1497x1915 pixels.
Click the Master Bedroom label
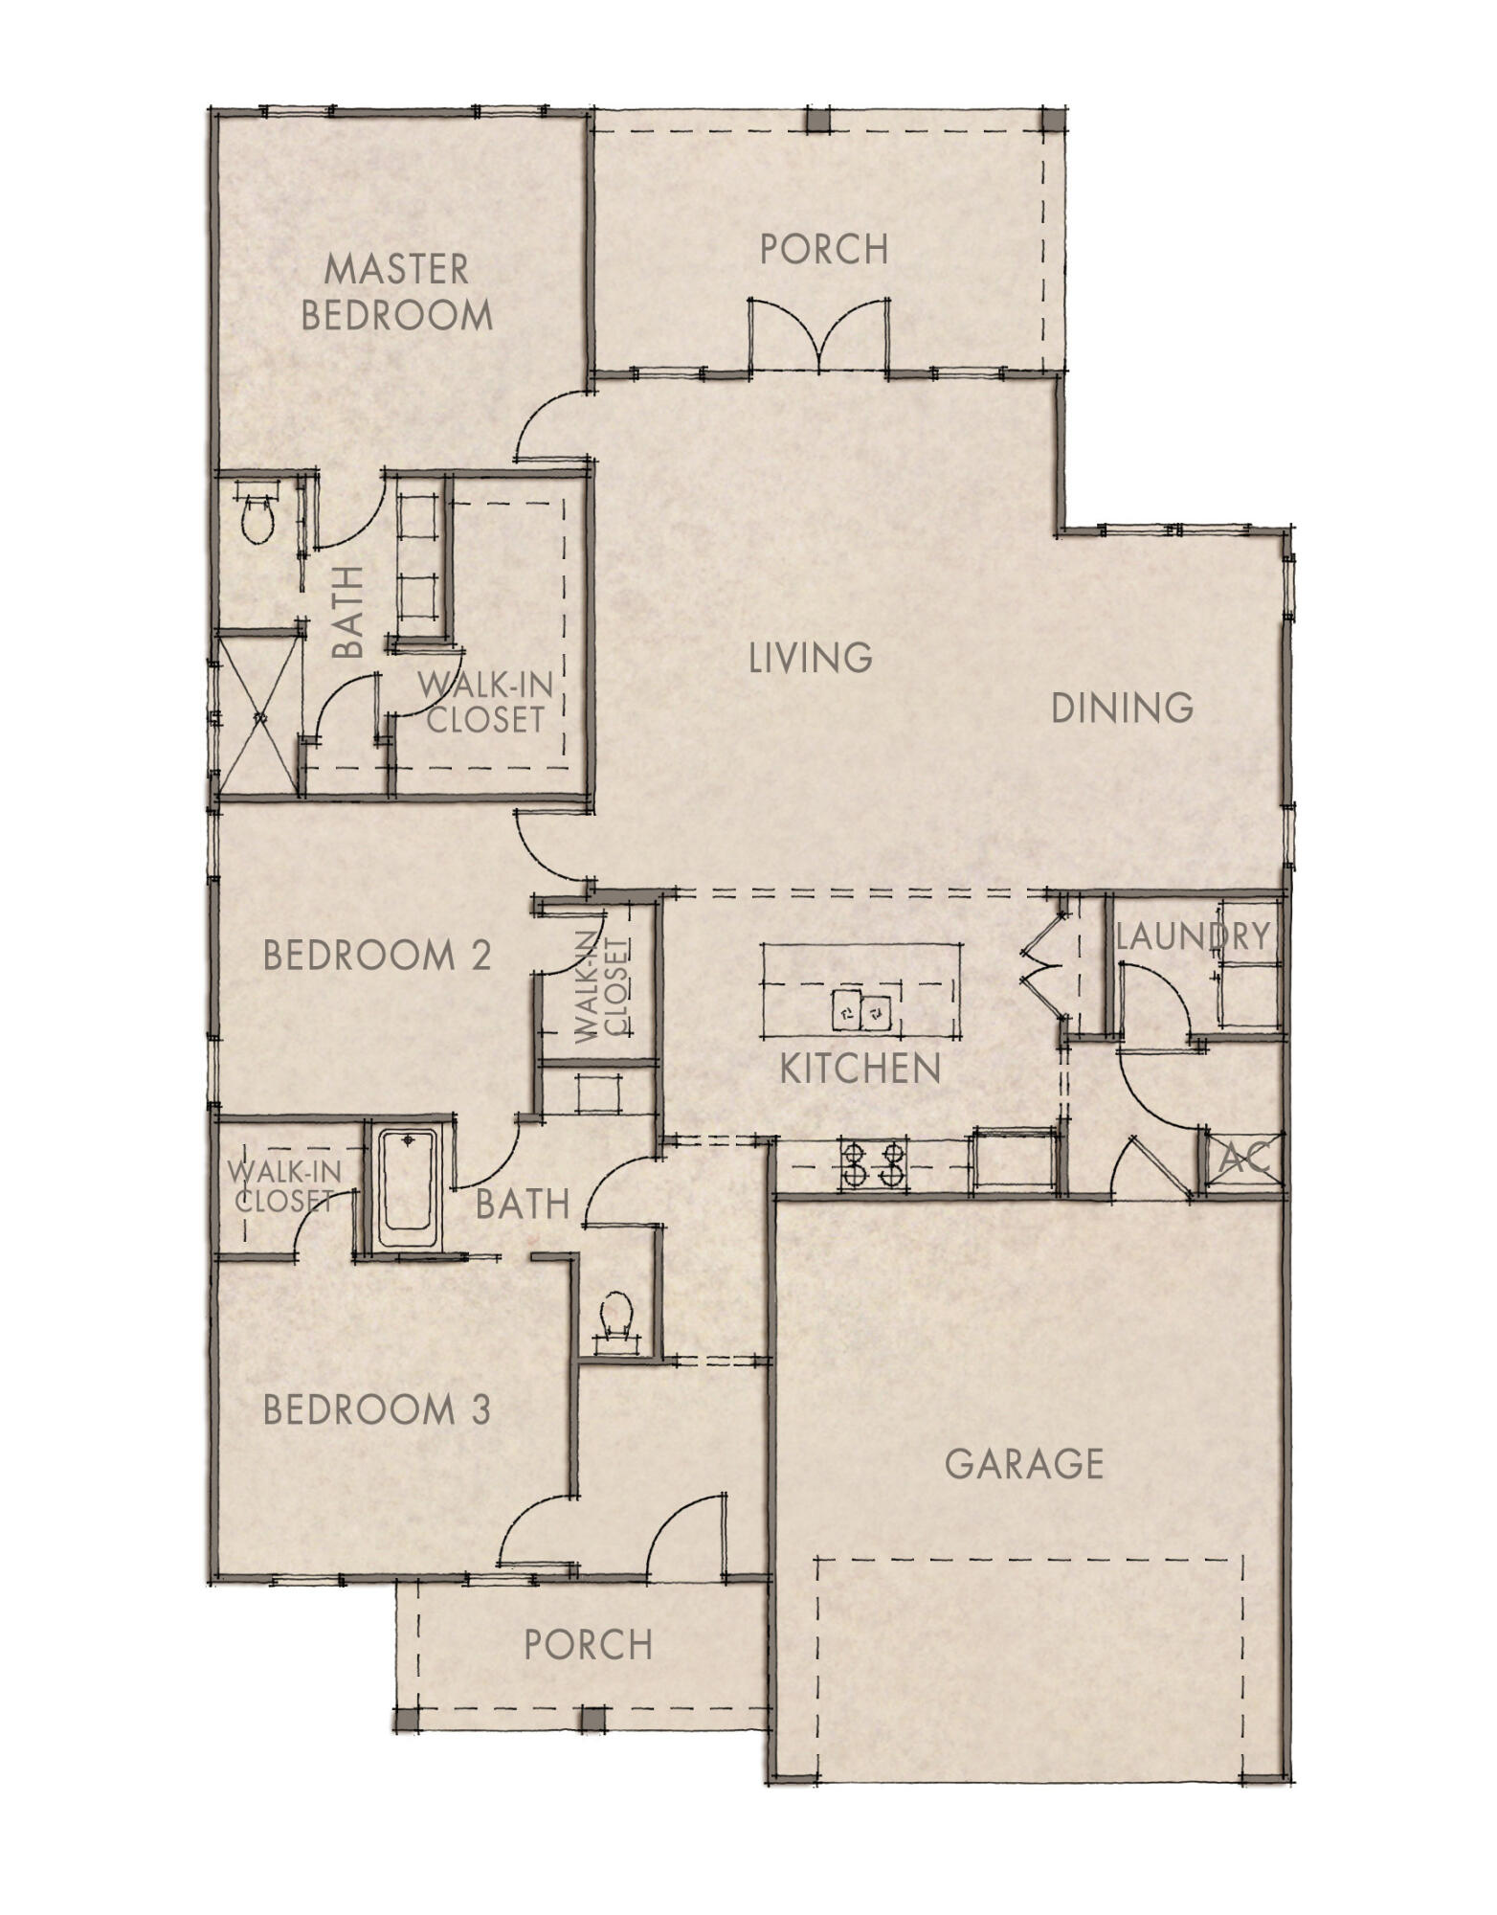tap(396, 291)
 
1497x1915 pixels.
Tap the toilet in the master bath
tap(258, 518)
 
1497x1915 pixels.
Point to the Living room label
tap(810, 658)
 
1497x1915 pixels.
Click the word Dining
tap(1122, 709)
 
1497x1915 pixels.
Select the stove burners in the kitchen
tap(873, 1163)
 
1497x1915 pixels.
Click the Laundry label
tap(1193, 936)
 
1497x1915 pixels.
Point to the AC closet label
tap(1244, 1160)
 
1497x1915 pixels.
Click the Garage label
tap(1023, 1463)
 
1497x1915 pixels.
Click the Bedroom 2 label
tap(377, 956)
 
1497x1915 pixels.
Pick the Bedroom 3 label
tap(377, 1409)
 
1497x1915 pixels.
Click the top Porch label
tap(824, 249)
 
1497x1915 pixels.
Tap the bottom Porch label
tap(588, 1645)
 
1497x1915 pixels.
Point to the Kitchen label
tap(860, 1069)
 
